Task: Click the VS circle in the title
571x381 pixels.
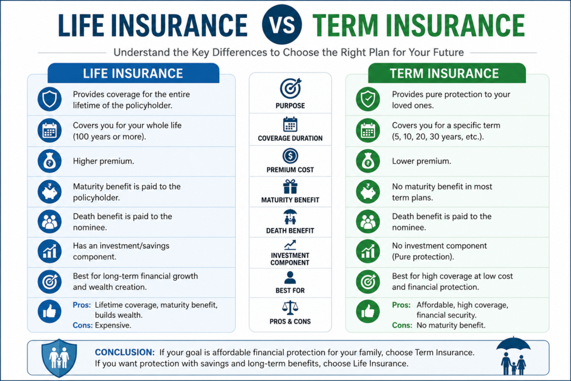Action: click(282, 25)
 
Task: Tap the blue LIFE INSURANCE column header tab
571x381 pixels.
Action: click(133, 73)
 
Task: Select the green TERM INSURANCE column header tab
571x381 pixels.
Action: click(447, 73)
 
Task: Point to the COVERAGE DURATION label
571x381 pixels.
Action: click(290, 138)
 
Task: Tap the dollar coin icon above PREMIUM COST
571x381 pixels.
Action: click(290, 156)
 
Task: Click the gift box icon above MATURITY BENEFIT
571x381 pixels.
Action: click(290, 186)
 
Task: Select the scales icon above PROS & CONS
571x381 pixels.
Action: click(290, 307)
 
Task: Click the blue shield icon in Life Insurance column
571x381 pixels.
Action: click(50, 99)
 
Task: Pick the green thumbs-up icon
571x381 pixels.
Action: click(368, 311)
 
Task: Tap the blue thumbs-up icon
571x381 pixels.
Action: click(50, 311)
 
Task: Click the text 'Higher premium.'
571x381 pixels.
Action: click(103, 161)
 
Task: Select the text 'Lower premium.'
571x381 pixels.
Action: click(422, 161)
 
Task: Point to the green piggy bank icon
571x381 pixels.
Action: click(368, 191)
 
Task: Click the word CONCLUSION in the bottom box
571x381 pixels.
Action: click(125, 352)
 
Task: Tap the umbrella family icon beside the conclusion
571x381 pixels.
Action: click(513, 356)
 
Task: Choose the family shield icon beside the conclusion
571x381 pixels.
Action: click(59, 358)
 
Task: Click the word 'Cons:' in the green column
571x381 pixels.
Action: click(402, 325)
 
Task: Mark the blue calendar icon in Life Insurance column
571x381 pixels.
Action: click(50, 131)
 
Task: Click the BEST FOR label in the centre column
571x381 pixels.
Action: click(290, 291)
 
